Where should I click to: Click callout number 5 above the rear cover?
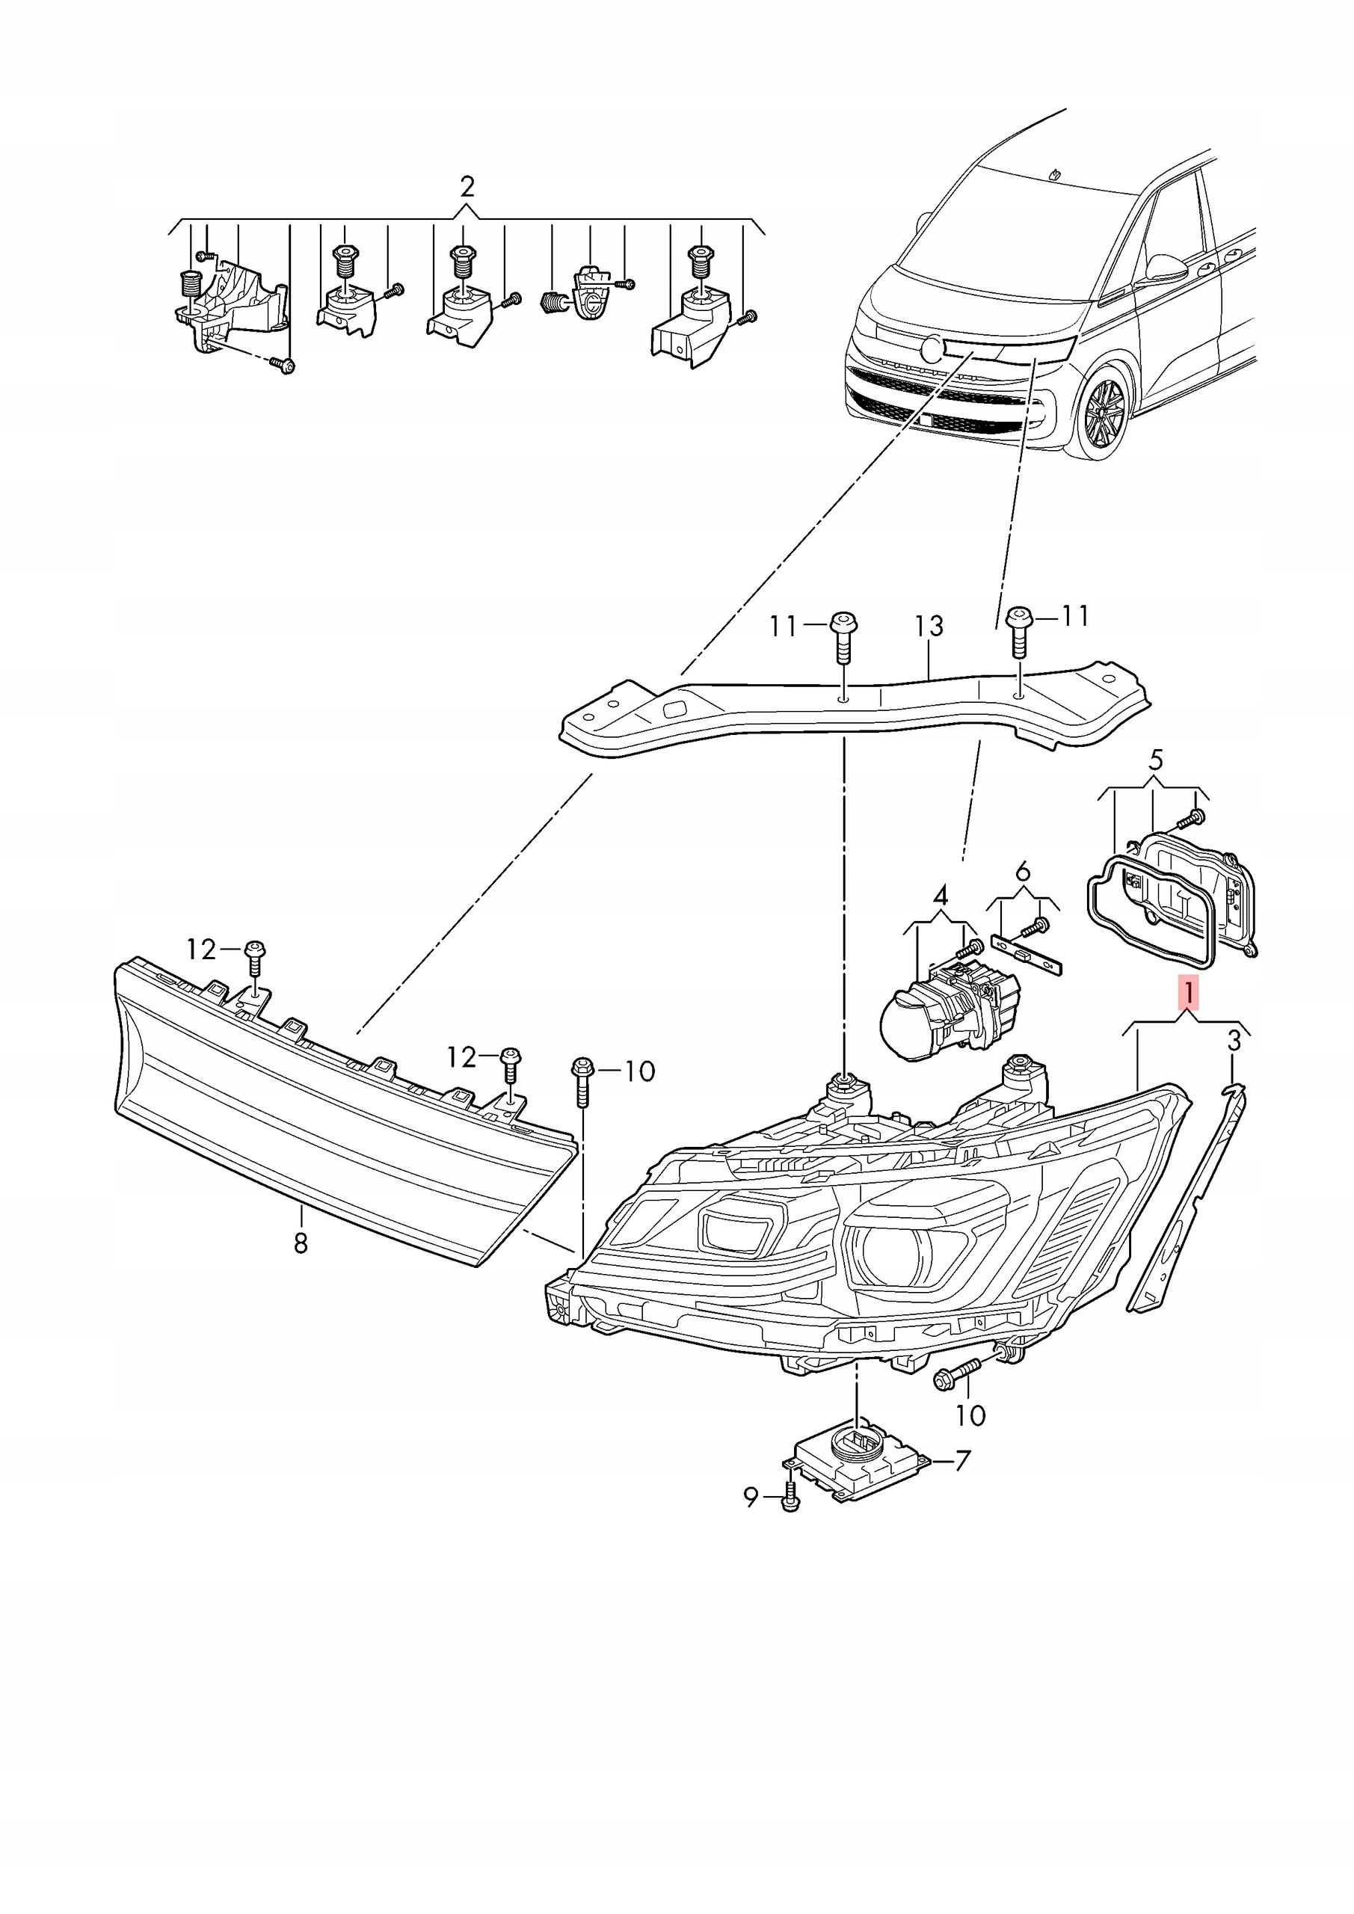[1154, 760]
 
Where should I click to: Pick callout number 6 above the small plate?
[1023, 872]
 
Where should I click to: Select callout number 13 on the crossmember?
[929, 625]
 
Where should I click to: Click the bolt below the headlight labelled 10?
[961, 1373]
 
